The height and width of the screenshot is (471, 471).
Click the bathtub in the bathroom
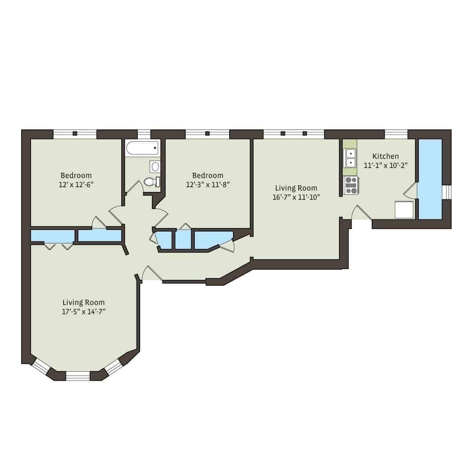pyautogui.click(x=142, y=149)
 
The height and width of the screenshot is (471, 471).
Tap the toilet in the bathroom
pyautogui.click(x=152, y=182)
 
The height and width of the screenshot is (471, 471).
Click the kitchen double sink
pyautogui.click(x=350, y=157)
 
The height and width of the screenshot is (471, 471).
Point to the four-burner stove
pyautogui.click(x=351, y=186)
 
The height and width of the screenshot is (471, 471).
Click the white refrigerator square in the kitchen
pyautogui.click(x=404, y=210)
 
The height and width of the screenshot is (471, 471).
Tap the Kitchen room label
pyautogui.click(x=385, y=156)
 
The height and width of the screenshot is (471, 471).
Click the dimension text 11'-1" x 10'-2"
pyautogui.click(x=385, y=165)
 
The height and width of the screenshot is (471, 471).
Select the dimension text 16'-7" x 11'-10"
pyautogui.click(x=296, y=197)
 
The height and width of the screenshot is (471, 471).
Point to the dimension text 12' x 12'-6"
pyautogui.click(x=76, y=184)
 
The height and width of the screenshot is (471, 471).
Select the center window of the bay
pyautogui.click(x=78, y=376)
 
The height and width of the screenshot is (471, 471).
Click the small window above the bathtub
pyautogui.click(x=144, y=134)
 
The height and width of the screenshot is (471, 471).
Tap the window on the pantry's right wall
pyautogui.click(x=447, y=192)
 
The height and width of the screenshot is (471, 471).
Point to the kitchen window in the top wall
pyautogui.click(x=396, y=134)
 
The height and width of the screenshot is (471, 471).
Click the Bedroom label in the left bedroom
pyautogui.click(x=76, y=175)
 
